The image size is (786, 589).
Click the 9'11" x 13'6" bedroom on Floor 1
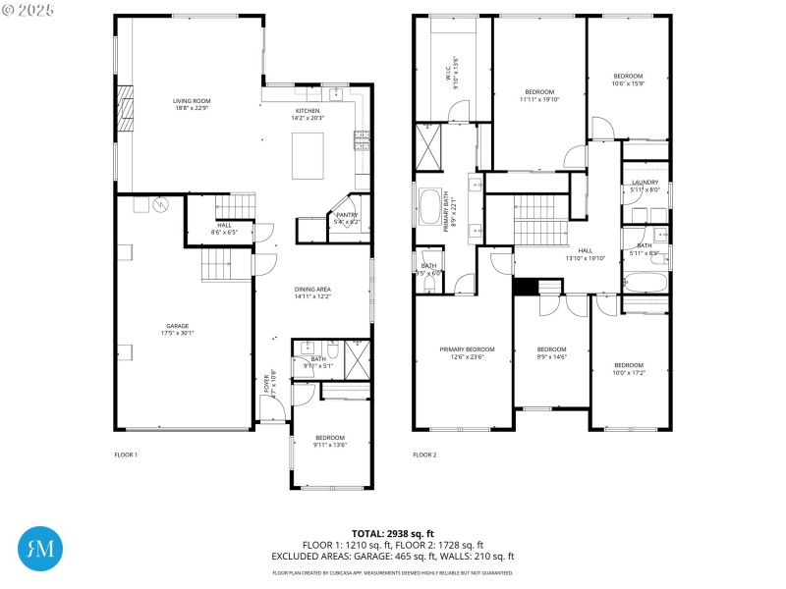point(329,441)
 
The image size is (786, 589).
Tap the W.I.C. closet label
point(449,73)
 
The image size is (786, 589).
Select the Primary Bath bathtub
point(429,207)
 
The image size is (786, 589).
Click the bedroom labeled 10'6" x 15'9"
point(628,80)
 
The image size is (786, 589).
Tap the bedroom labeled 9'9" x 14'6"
point(551,352)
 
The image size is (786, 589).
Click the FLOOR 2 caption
point(424,455)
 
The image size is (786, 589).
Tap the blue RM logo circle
point(41,549)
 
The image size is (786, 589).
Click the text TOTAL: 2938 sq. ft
point(393,533)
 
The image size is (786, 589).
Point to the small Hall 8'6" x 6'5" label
point(225,229)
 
